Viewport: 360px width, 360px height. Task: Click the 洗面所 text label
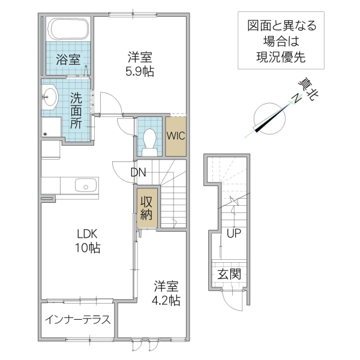pyautogui.click(x=76, y=110)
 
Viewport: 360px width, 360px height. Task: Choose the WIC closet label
pyautogui.click(x=176, y=136)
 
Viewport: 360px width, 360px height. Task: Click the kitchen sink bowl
pyautogui.click(x=86, y=186)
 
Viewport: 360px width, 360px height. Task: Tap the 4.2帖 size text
pyautogui.click(x=167, y=299)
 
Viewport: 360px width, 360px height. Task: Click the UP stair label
pyautogui.click(x=234, y=233)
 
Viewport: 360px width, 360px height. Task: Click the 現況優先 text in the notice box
pyautogui.click(x=281, y=58)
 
